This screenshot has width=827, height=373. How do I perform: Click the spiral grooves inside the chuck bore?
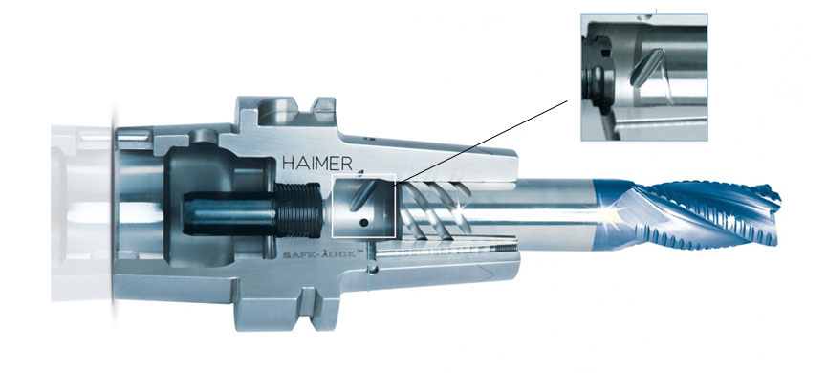(430, 206)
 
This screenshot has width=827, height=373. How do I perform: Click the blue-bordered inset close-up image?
(644, 77)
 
